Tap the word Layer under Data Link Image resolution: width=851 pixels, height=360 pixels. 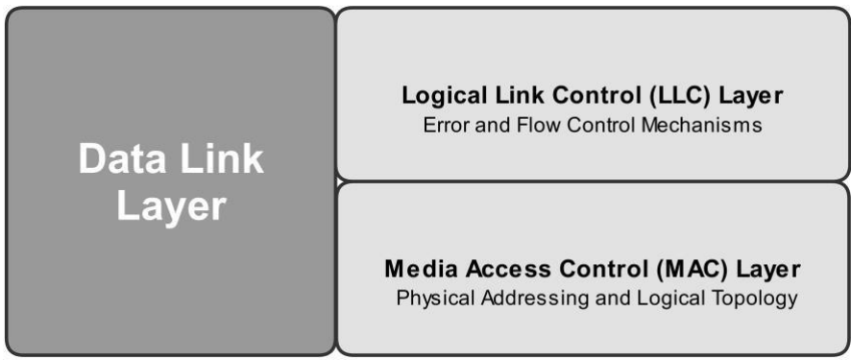(x=171, y=206)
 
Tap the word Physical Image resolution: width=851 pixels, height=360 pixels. (x=431, y=299)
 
